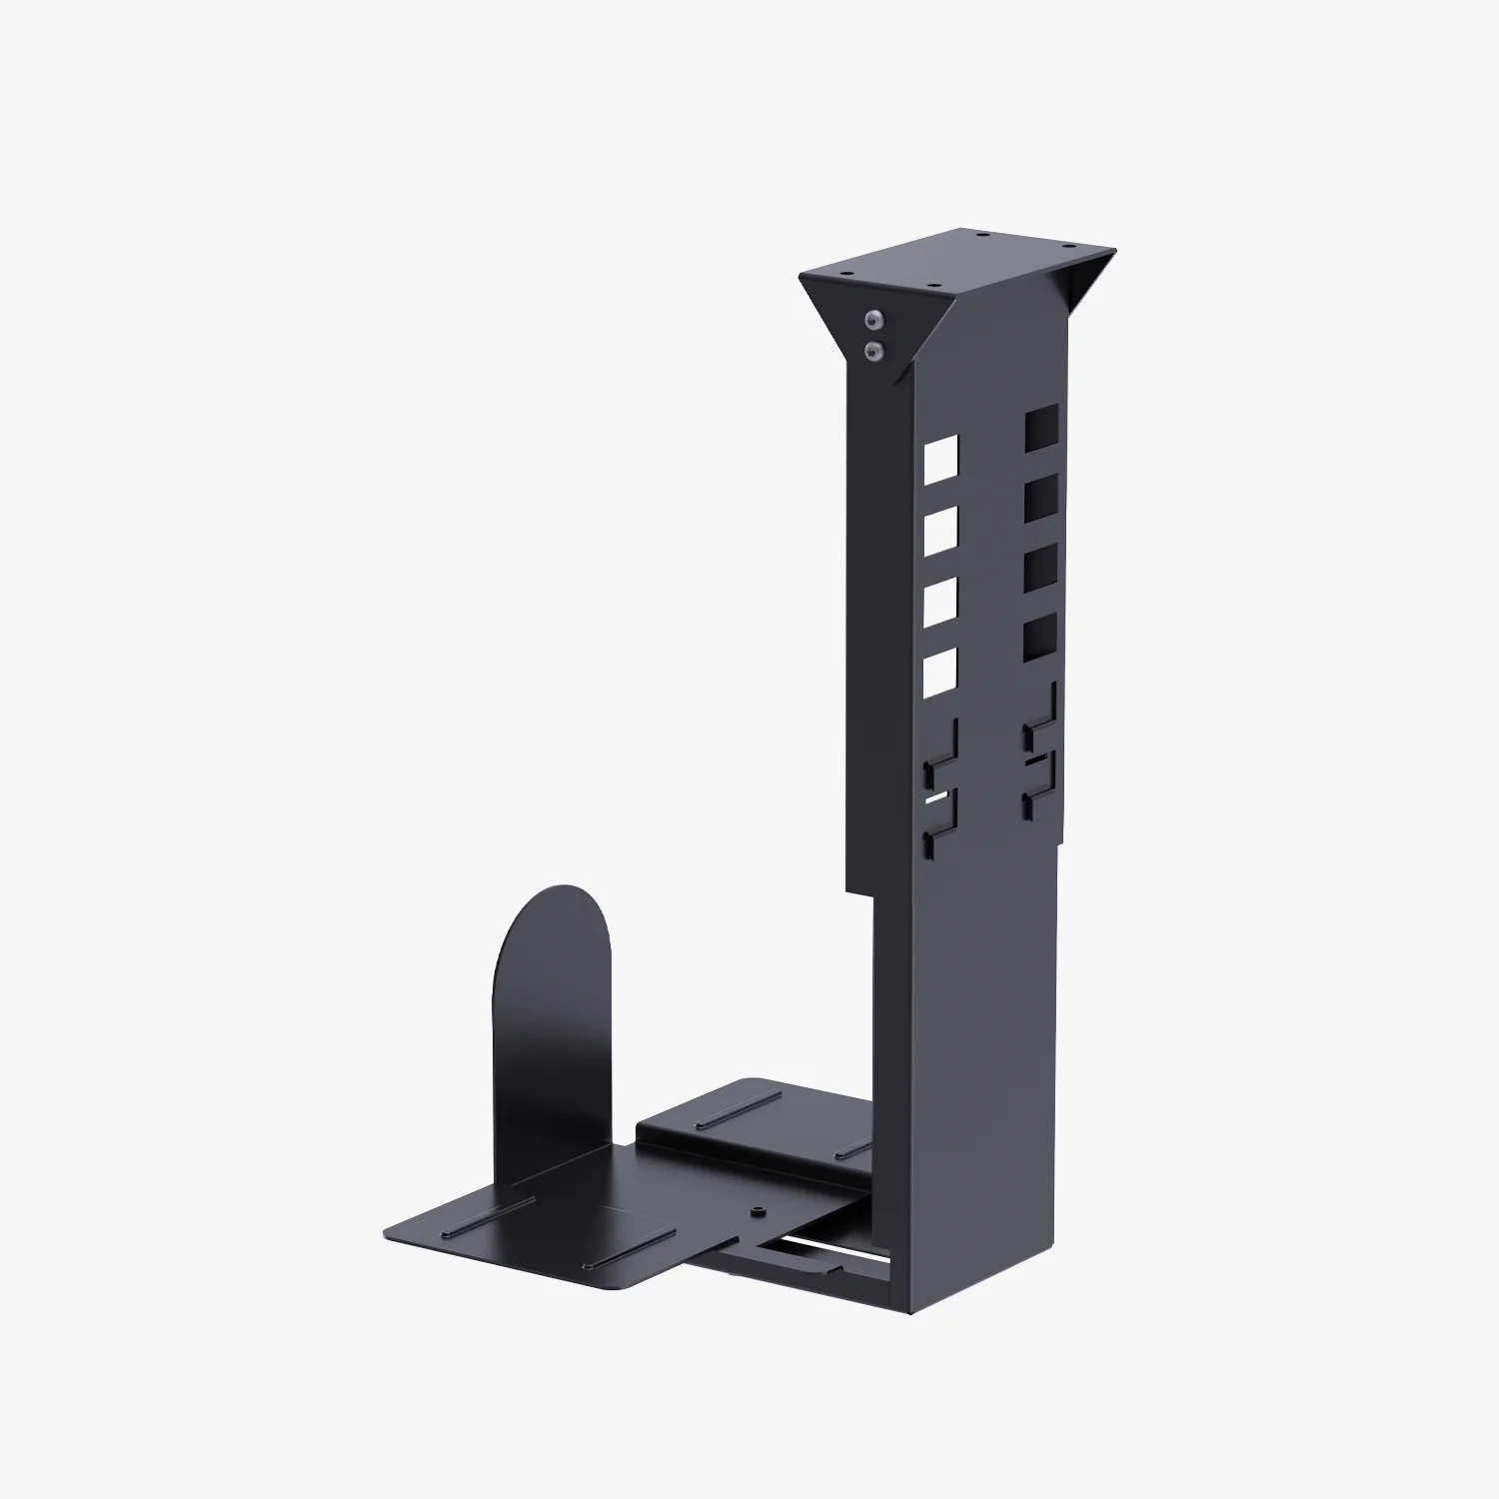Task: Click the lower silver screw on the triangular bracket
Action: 876,350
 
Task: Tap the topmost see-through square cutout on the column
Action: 940,458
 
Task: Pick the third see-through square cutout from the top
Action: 940,603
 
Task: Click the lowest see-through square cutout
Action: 940,675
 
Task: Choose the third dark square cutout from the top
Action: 1039,564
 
